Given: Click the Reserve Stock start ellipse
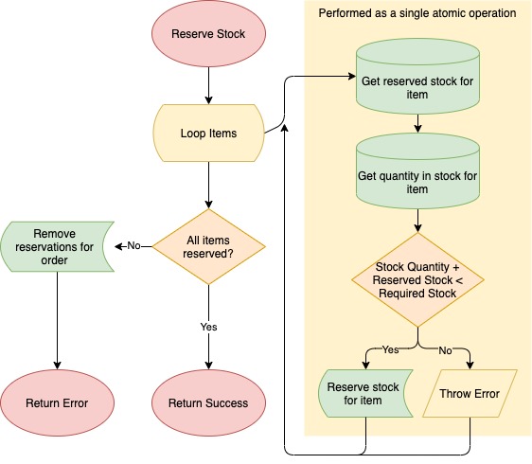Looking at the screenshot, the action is tap(208, 33).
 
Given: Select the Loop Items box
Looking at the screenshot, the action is tap(208, 134).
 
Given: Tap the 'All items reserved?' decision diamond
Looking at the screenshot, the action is tap(208, 247).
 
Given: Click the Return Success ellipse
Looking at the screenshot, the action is tap(208, 402).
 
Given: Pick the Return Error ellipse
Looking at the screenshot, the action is tap(57, 402).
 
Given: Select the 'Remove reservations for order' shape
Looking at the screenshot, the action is tap(57, 247).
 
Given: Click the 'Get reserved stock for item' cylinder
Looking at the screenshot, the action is tap(417, 76).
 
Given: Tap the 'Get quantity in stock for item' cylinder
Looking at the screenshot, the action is tap(417, 170).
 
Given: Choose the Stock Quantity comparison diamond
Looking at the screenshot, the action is tap(417, 280).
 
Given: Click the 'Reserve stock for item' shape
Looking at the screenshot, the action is tap(365, 393).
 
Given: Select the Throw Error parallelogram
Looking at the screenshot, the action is tap(470, 393).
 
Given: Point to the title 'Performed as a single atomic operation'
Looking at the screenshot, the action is tap(417, 13).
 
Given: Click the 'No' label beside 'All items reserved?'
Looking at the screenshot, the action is tap(133, 246).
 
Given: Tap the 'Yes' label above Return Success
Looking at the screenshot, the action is tap(208, 327).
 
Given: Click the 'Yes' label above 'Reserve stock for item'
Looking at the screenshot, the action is tap(391, 349).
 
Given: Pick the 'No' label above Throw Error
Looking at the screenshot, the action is tap(445, 350).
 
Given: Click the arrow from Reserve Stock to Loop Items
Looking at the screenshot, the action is tap(208, 85).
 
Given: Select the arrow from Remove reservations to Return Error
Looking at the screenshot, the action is tap(57, 321).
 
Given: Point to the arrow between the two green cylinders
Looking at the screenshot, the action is tap(417, 123).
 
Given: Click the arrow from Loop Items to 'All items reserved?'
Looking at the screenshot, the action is tap(208, 186).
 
